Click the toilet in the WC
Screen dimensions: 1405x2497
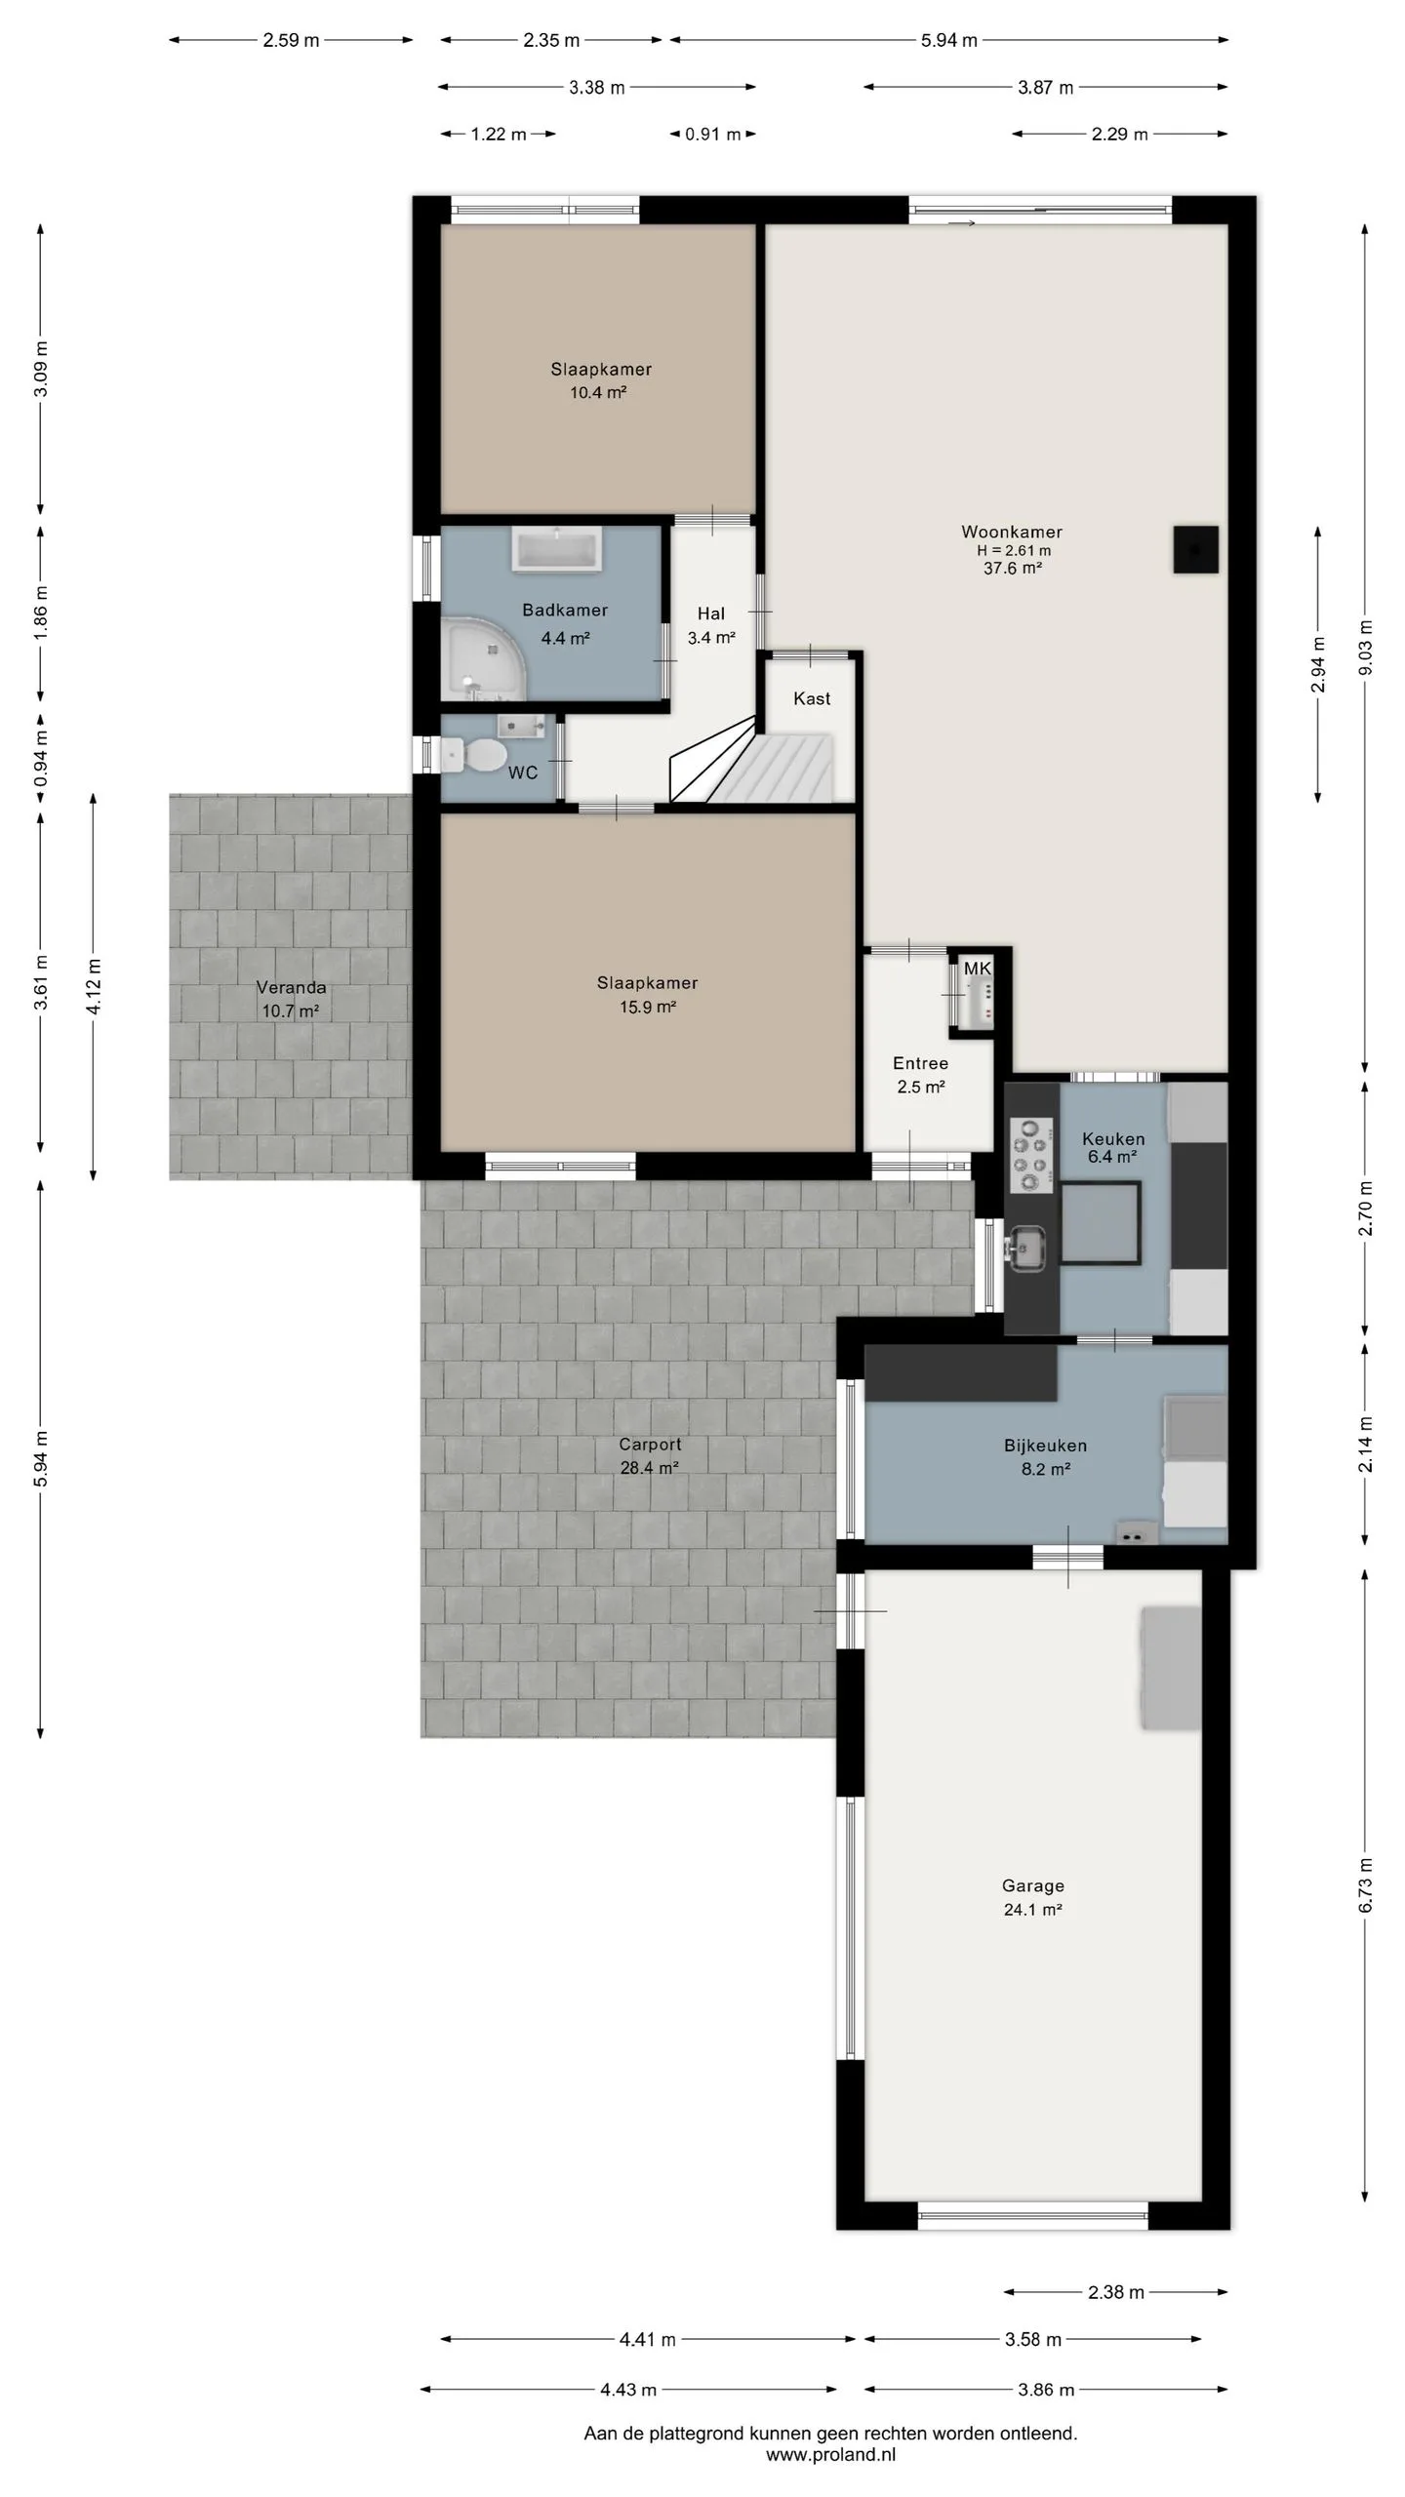tap(475, 754)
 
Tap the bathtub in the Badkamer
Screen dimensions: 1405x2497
tap(556, 550)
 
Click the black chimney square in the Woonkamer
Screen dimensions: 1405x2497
tap(1195, 549)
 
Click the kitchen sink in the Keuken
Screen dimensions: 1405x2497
tap(1027, 1248)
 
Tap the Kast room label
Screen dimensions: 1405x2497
tap(812, 698)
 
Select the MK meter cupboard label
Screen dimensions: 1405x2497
tap(977, 969)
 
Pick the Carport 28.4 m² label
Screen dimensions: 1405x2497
tap(650, 1456)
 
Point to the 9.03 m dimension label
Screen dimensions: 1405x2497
tap(1365, 648)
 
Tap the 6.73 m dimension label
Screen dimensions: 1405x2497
tap(1365, 1884)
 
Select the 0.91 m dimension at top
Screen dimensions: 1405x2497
tap(713, 135)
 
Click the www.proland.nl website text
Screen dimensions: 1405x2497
tap(830, 2455)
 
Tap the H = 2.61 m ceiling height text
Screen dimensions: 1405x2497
tap(1014, 550)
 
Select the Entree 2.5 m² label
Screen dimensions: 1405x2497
tap(921, 1075)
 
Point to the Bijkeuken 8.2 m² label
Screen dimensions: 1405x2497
tap(1046, 1457)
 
